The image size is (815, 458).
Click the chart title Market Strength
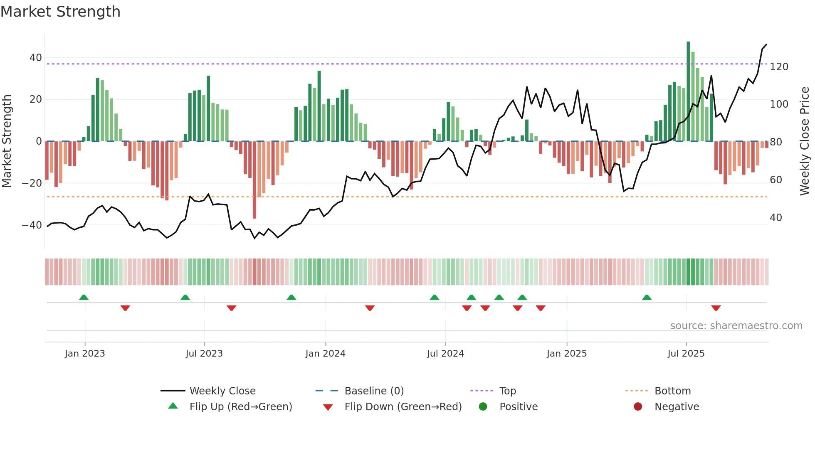pyautogui.click(x=60, y=12)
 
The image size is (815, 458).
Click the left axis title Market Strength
pyautogui.click(x=7, y=141)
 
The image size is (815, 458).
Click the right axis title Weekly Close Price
pyautogui.click(x=805, y=141)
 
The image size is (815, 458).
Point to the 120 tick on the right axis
pyautogui.click(x=778, y=67)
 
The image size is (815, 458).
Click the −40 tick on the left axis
pyautogui.click(x=32, y=225)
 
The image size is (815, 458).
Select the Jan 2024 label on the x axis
pyautogui.click(x=325, y=354)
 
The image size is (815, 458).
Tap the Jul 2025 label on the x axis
pyautogui.click(x=686, y=354)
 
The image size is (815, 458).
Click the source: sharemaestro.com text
pyautogui.click(x=736, y=326)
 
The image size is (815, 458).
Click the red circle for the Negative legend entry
pyautogui.click(x=637, y=407)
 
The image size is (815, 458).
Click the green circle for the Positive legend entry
pyautogui.click(x=483, y=407)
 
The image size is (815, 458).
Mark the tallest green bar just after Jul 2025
pyautogui.click(x=688, y=91)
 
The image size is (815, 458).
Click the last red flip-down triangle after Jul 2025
pyautogui.click(x=716, y=308)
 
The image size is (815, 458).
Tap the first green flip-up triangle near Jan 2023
pyautogui.click(x=84, y=297)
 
